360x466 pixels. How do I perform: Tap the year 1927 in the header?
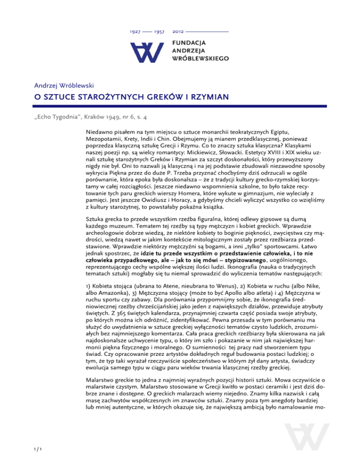coord(135,32)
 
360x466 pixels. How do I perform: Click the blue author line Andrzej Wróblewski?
coord(61,86)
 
